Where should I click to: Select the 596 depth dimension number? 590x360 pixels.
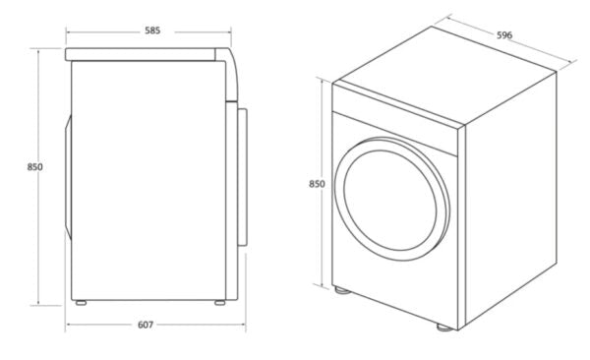(504, 36)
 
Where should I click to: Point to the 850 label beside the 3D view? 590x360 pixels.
(317, 184)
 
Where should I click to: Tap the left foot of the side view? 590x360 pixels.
(81, 303)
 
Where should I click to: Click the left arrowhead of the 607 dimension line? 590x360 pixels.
(69, 325)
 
